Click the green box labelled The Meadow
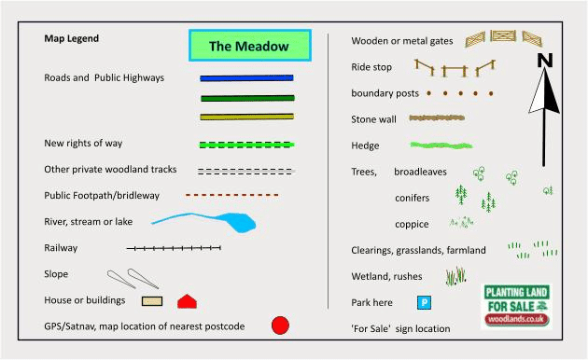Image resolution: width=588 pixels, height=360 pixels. tap(250, 46)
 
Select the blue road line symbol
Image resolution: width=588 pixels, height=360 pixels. tap(246, 78)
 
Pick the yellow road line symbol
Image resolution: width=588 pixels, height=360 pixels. tap(246, 117)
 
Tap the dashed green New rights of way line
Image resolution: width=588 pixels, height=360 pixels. tap(246, 145)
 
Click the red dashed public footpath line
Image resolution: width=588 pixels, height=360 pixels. tap(231, 195)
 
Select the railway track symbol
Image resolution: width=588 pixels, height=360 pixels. tap(174, 248)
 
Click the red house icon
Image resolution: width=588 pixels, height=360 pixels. tap(187, 301)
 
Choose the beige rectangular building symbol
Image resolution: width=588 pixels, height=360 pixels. tap(152, 301)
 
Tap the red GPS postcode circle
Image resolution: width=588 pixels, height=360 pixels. tap(280, 325)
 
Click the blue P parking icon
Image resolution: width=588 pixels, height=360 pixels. tap(424, 302)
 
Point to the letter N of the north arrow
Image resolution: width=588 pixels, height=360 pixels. tap(545, 61)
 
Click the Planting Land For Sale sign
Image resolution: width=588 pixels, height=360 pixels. tap(516, 306)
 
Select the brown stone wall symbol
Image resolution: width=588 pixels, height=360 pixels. tap(437, 118)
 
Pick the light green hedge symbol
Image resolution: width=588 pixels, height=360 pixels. tap(441, 145)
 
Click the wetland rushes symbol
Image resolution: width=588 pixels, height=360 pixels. tap(455, 276)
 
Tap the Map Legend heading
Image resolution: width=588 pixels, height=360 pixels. tap(72, 38)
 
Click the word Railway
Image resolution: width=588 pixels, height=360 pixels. tap(61, 248)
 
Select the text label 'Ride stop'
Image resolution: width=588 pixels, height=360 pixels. tap(371, 67)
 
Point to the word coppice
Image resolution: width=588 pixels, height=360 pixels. tap(412, 224)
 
